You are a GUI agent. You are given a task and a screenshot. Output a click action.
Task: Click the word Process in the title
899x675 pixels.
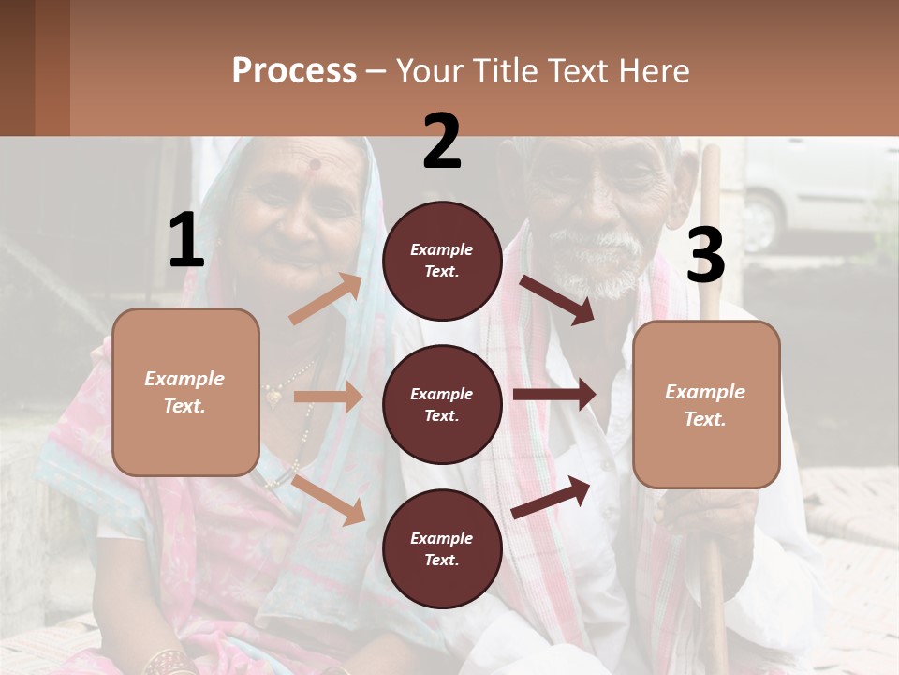(x=294, y=71)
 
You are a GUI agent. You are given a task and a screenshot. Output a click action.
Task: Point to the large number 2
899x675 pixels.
(x=442, y=142)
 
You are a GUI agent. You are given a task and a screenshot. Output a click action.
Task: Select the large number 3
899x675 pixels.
(x=705, y=255)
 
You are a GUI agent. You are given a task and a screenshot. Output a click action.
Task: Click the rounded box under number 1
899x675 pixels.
(x=185, y=392)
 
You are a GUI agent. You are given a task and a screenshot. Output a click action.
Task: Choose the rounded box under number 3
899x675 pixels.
(x=706, y=405)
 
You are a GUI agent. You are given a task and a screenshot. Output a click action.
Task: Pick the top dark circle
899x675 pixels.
(x=442, y=261)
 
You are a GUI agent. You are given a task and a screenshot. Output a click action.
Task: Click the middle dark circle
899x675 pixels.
(x=442, y=404)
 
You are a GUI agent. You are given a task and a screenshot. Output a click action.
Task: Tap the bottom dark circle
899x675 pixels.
(x=442, y=548)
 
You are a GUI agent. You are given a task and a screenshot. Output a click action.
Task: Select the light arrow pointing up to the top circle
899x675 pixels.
(x=326, y=298)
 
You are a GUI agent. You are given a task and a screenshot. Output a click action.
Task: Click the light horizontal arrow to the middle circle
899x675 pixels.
(x=328, y=397)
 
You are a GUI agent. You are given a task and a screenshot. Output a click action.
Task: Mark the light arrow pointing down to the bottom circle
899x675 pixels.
(x=329, y=499)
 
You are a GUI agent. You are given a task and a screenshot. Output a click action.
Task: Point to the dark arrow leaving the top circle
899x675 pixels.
(x=557, y=299)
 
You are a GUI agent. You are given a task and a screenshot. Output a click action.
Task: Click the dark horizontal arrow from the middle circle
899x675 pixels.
(x=554, y=395)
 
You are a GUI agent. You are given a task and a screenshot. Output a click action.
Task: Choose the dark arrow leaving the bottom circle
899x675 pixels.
(x=552, y=496)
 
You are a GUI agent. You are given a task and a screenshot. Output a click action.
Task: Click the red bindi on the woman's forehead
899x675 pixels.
(x=315, y=165)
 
